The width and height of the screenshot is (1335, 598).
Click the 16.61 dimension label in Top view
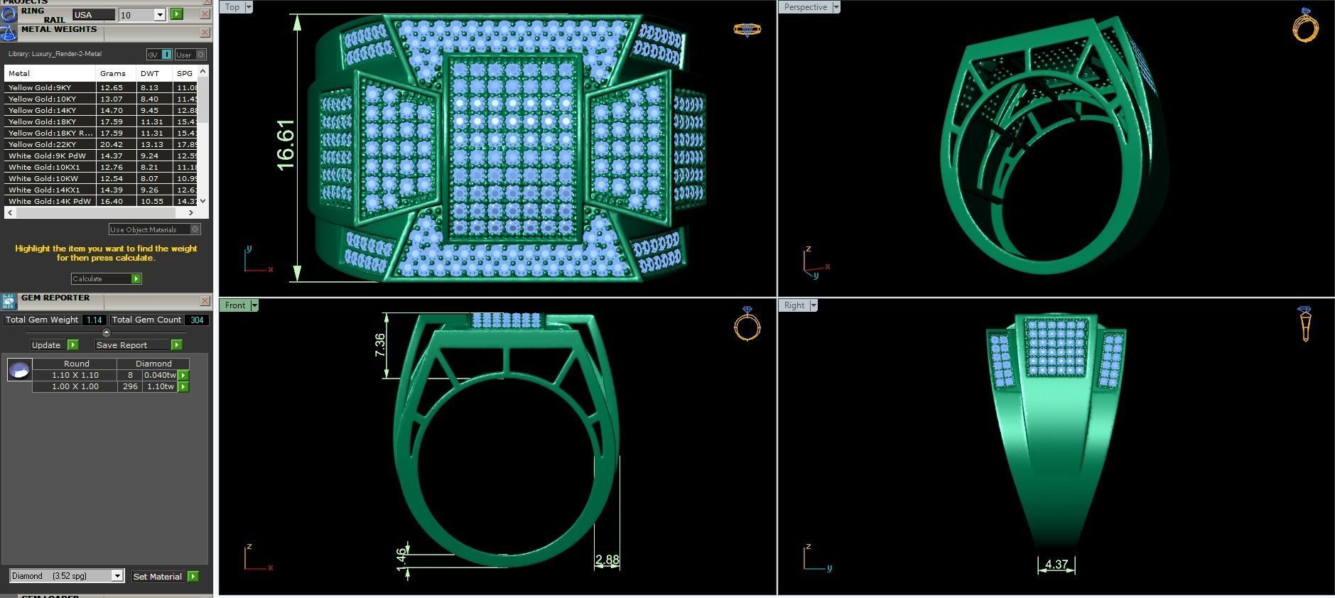click(x=286, y=145)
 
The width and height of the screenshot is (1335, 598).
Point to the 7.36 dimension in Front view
click(x=380, y=345)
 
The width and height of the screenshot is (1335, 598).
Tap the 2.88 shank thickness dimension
click(x=607, y=560)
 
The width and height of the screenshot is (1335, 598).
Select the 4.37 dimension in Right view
click(x=1056, y=564)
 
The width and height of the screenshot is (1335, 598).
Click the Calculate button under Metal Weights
click(x=106, y=278)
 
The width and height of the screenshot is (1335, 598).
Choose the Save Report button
click(x=139, y=345)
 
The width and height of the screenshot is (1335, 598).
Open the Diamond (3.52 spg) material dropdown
click(x=117, y=576)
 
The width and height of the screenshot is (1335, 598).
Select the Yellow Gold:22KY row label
click(x=43, y=144)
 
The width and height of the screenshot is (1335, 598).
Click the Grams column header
click(x=113, y=73)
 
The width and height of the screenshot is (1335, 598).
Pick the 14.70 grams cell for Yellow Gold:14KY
click(x=112, y=110)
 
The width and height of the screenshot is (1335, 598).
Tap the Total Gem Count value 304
click(x=197, y=320)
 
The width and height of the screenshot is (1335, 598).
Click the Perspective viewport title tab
click(x=805, y=7)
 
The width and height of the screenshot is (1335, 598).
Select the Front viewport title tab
click(x=235, y=305)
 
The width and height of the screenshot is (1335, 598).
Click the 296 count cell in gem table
click(x=130, y=386)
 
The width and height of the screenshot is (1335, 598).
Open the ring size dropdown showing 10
click(x=160, y=15)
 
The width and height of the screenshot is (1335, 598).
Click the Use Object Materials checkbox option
click(x=195, y=229)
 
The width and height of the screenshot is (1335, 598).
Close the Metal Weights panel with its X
click(x=205, y=33)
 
